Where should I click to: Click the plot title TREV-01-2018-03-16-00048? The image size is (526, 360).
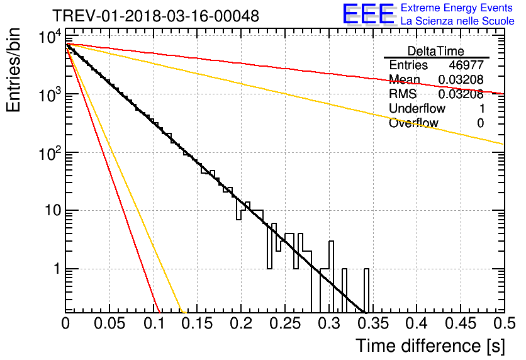coord(155,16)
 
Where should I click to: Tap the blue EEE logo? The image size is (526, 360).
coord(369,14)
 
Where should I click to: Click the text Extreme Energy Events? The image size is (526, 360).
coord(457,8)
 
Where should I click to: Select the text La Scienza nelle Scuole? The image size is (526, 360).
coord(457,21)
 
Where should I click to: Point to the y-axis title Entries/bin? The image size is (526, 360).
coord(13,70)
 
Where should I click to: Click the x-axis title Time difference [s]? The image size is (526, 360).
coord(430,346)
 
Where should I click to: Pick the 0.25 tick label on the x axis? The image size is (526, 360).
coord(285,323)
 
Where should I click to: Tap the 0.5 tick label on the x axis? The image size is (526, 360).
coord(505,323)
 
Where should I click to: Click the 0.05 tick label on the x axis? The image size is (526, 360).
coord(109,323)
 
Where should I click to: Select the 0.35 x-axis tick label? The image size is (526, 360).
coord(373,323)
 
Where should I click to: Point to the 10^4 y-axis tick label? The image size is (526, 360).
coord(50,37)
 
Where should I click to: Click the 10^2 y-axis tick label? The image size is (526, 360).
coord(50,153)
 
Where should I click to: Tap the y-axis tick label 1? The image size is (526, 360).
coord(57,269)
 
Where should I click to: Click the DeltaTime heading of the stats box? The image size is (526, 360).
coord(436,51)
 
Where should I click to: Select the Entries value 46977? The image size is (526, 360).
coord(466,65)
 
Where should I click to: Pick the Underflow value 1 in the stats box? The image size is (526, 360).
coord(482,108)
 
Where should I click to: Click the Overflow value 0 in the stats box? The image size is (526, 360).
coord(481,123)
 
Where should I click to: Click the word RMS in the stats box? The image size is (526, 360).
coord(403,94)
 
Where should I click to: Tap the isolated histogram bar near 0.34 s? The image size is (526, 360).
coord(367,290)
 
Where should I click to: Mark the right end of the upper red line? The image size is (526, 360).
coord(504,94)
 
